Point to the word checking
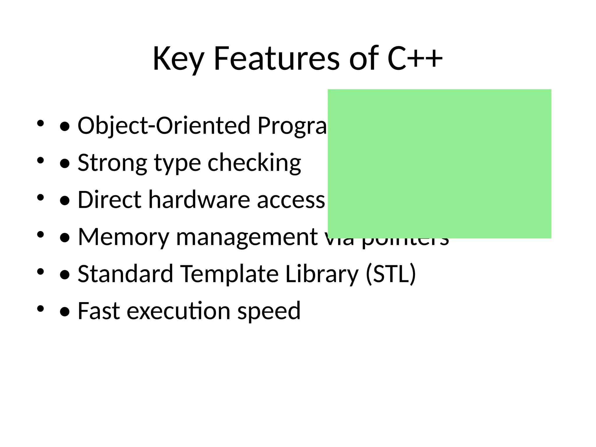[254, 163]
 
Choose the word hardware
[199, 200]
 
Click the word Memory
[124, 237]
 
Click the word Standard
[125, 274]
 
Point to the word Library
[322, 274]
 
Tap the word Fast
[99, 311]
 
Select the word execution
[178, 311]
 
